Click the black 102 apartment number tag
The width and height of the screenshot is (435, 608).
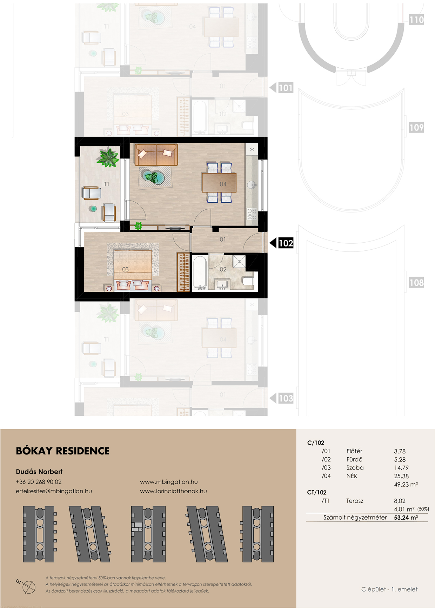coord(286,243)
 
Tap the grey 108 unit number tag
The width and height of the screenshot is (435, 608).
coord(416,282)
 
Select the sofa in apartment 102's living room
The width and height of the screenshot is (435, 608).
coord(156,155)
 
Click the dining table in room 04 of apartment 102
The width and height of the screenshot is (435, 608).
coord(219,183)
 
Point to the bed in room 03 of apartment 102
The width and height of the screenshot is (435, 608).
coord(133,270)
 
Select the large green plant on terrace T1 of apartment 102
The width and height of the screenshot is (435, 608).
coord(108,157)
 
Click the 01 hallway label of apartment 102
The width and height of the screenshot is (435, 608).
coord(223,239)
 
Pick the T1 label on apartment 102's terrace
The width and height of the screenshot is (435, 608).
coord(107,184)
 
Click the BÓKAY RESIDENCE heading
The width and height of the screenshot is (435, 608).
coord(63,451)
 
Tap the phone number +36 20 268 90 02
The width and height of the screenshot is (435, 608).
coord(39,482)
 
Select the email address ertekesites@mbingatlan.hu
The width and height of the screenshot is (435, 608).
coord(54,491)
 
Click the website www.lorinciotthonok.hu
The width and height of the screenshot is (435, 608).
coord(173,491)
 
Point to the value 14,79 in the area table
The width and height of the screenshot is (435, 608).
coord(401,468)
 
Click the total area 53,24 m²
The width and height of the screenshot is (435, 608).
coord(406,518)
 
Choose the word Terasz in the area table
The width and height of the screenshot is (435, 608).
coord(355,501)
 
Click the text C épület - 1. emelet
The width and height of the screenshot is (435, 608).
coord(389,589)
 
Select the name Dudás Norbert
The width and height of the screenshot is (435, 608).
coord(39,472)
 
